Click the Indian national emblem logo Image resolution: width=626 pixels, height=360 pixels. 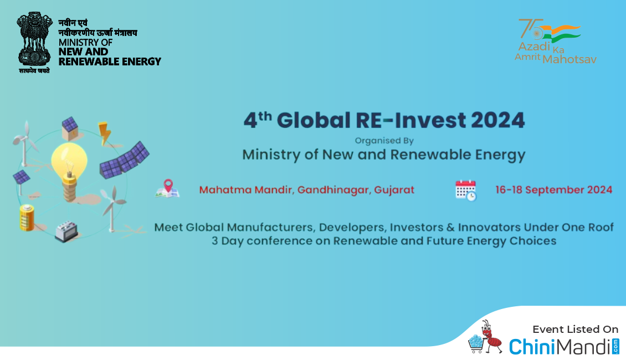tap(34, 42)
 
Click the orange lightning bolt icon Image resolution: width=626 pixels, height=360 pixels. tap(104, 133)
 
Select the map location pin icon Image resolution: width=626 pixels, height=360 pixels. tap(168, 188)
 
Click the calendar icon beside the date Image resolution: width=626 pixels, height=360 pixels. tap(466, 191)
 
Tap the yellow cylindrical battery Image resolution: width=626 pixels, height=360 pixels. tap(27, 218)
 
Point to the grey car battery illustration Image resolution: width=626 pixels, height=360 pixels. tap(66, 232)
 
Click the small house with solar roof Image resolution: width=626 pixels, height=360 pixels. tap(70, 128)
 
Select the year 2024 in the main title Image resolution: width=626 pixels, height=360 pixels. tap(497, 120)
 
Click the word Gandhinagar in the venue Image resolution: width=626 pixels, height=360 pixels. tap(334, 190)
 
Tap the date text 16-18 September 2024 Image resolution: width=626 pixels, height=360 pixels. tap(554, 189)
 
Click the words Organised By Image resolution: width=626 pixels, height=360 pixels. tap(384, 141)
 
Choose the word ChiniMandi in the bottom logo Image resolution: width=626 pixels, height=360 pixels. tap(560, 346)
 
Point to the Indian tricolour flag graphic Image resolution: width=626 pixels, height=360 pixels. tap(563, 33)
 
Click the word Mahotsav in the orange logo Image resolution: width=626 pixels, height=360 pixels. tap(569, 59)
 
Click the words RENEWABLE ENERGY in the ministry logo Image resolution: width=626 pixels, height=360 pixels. tap(110, 61)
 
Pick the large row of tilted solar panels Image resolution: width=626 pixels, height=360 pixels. tap(124, 160)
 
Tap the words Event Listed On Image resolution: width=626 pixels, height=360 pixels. tap(575, 330)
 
